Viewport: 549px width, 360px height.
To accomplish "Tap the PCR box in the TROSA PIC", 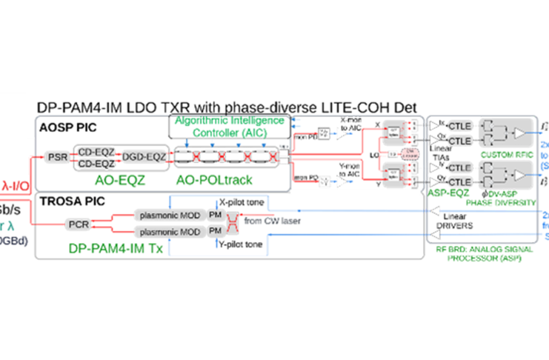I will (79, 223).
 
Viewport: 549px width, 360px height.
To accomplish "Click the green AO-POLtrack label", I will (216, 179).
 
